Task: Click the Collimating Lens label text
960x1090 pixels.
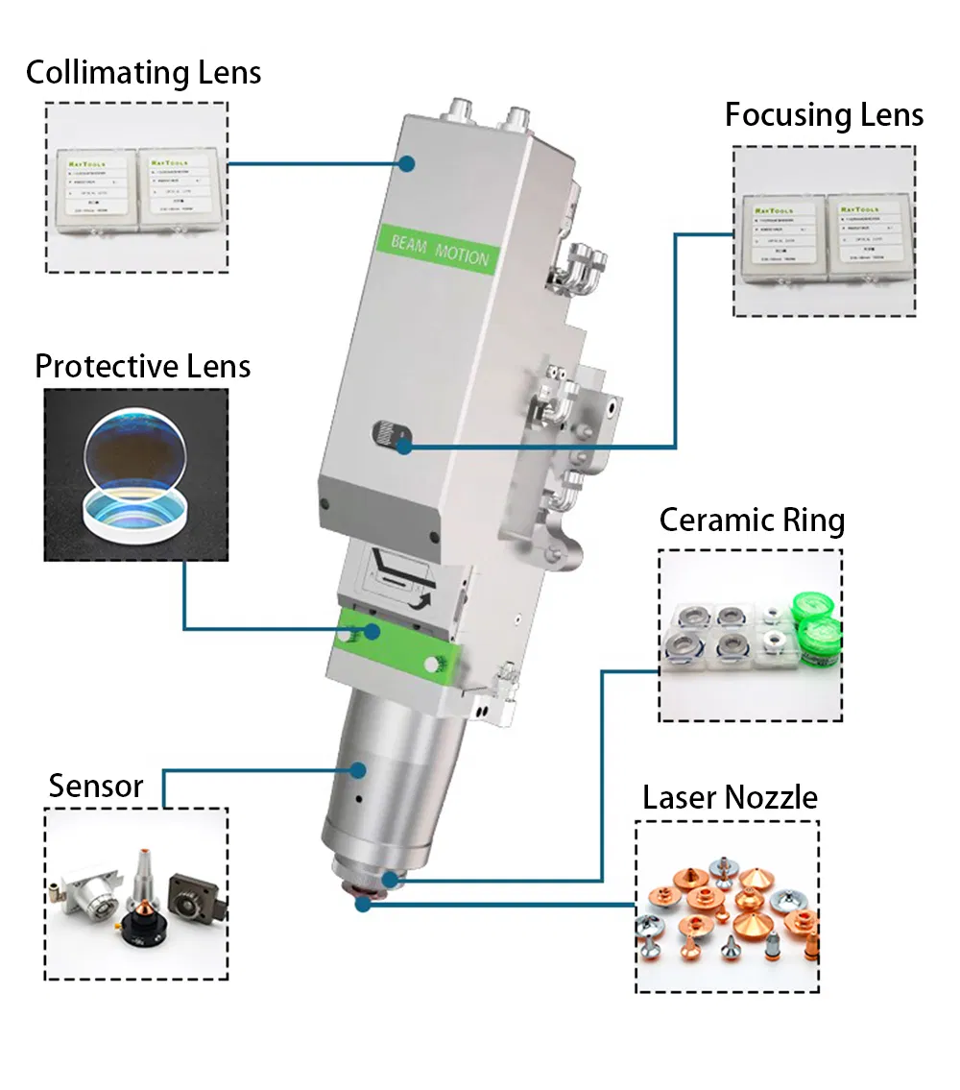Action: [143, 73]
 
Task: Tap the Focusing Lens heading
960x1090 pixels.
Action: [824, 115]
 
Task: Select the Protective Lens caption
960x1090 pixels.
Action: [142, 366]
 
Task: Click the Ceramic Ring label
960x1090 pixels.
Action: [752, 521]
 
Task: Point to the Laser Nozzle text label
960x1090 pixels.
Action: [730, 797]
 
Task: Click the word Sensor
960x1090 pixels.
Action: [96, 786]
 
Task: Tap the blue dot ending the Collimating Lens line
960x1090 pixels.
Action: [407, 164]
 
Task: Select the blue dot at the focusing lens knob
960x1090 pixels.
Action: [405, 446]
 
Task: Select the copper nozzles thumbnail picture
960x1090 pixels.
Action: [727, 907]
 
